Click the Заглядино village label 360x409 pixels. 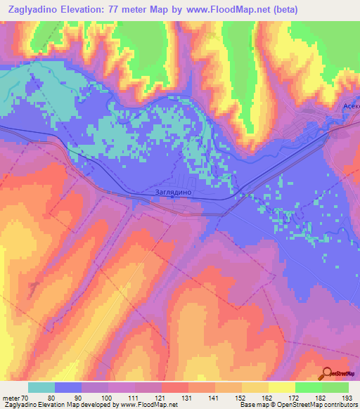172,190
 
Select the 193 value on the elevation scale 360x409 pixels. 348,397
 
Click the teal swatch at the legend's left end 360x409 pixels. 41,387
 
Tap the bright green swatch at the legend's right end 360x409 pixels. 335,387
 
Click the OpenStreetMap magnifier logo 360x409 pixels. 326,373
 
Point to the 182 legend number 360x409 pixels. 321,397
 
